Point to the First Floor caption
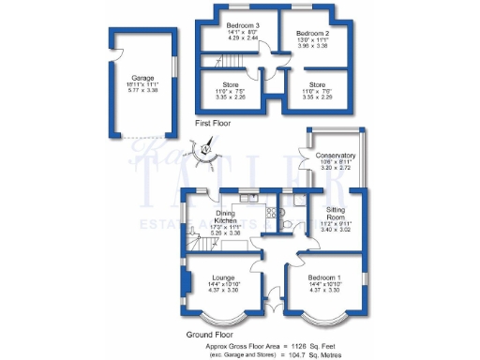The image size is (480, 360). coord(215,123)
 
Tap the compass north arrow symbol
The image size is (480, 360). coord(202,148)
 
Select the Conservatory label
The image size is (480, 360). coord(336,156)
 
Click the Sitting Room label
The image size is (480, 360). coord(337,214)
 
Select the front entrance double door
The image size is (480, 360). coord(274,306)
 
